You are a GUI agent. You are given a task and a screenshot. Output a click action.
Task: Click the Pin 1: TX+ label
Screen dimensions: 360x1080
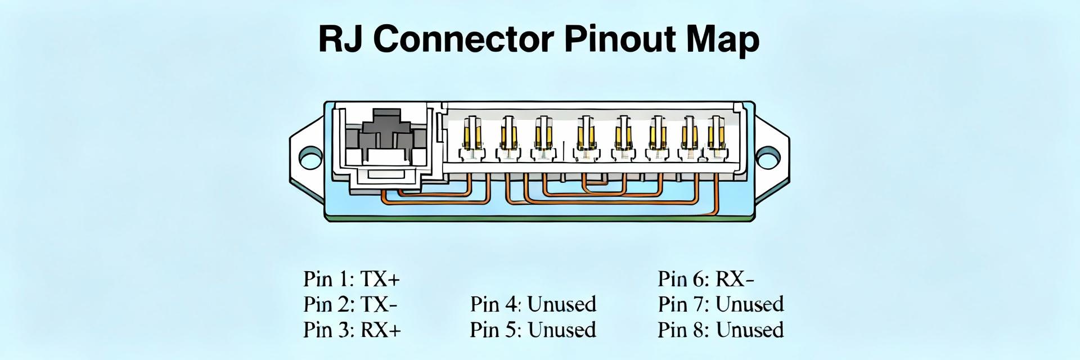(x=352, y=278)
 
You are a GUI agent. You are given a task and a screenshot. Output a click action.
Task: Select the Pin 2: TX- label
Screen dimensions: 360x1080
(x=350, y=304)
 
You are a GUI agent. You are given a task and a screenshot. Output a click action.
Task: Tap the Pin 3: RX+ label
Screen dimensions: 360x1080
(x=352, y=330)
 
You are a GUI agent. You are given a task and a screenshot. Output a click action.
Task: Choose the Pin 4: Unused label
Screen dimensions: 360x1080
(x=533, y=304)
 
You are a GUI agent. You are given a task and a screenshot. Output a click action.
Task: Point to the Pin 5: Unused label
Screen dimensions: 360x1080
(x=533, y=330)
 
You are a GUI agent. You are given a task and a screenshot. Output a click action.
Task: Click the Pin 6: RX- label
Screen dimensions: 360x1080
(x=706, y=278)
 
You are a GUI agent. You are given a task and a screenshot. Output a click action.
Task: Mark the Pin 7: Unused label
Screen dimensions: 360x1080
(x=721, y=304)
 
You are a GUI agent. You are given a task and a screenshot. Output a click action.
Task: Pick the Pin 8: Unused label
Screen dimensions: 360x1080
(x=721, y=330)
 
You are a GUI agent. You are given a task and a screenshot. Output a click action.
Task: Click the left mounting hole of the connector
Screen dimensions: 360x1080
(x=310, y=157)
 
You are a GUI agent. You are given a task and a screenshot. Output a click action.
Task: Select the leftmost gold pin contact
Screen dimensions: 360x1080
(x=471, y=135)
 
